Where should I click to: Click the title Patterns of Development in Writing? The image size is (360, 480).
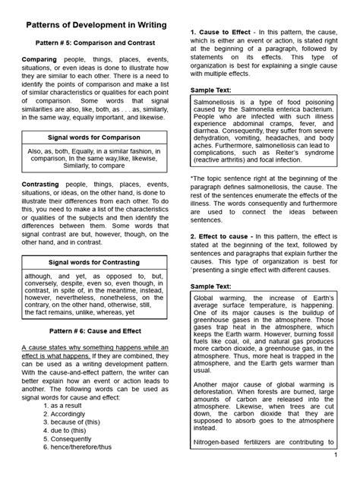[93, 25]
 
